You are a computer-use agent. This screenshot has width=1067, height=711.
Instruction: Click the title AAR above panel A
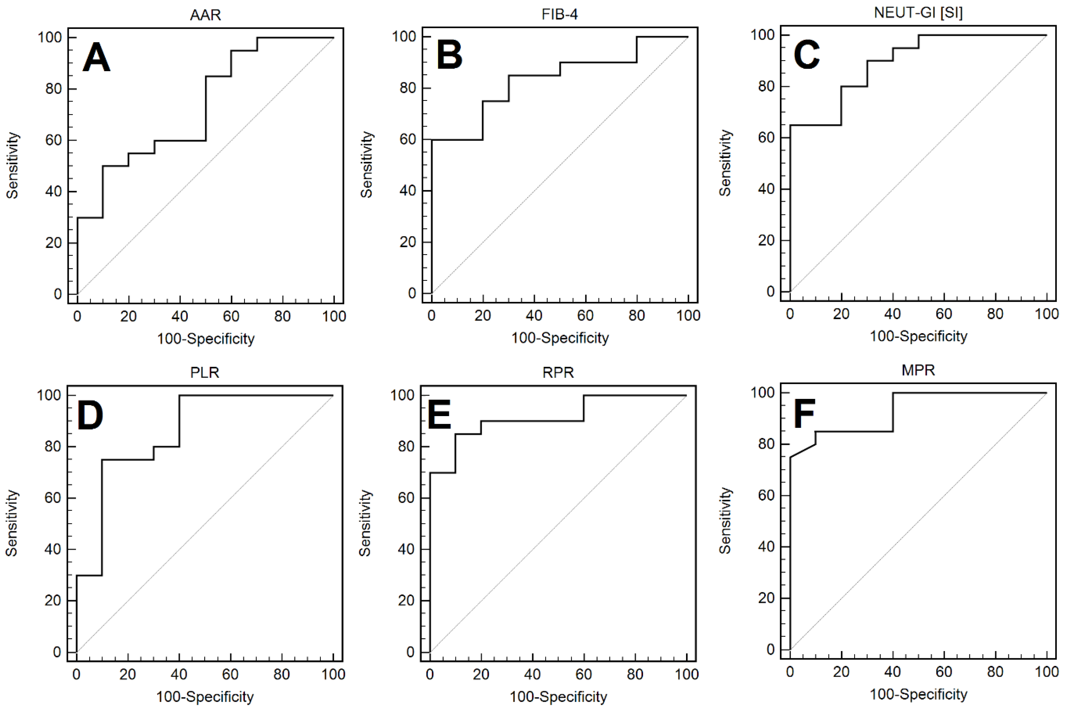(205, 15)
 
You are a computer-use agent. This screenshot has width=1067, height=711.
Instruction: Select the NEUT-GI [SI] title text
(918, 12)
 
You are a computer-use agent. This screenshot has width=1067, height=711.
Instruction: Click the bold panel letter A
(96, 58)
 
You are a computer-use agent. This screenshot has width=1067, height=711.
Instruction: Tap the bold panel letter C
(806, 55)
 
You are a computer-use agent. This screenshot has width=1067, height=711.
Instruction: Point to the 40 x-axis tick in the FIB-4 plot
(534, 315)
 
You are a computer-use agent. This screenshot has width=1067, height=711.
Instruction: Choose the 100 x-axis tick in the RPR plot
(686, 674)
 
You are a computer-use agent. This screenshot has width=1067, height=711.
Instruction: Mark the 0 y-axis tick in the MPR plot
(770, 649)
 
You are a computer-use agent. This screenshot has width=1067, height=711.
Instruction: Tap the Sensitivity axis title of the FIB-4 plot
(367, 164)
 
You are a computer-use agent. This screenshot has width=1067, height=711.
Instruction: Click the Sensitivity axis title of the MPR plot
(725, 520)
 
